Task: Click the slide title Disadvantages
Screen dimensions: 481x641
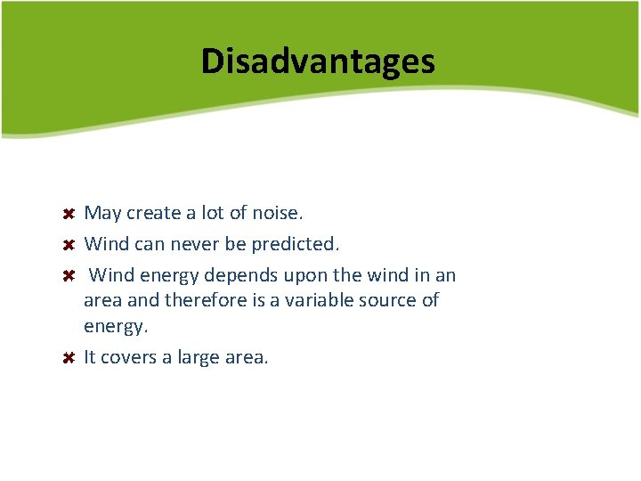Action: pos(318,61)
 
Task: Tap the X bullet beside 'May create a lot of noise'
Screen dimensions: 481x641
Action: pos(68,215)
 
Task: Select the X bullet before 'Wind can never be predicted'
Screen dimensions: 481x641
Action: pos(68,244)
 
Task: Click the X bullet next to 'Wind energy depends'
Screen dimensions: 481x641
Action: pos(68,275)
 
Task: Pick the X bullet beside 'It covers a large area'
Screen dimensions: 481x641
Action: pos(68,358)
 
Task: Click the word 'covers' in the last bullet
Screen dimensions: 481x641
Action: pos(129,357)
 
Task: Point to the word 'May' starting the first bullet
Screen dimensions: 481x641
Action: pos(102,214)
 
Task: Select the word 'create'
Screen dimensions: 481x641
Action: pos(153,214)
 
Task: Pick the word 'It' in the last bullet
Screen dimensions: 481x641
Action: pos(90,357)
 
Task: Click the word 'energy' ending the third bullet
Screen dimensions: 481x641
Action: pos(114,327)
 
